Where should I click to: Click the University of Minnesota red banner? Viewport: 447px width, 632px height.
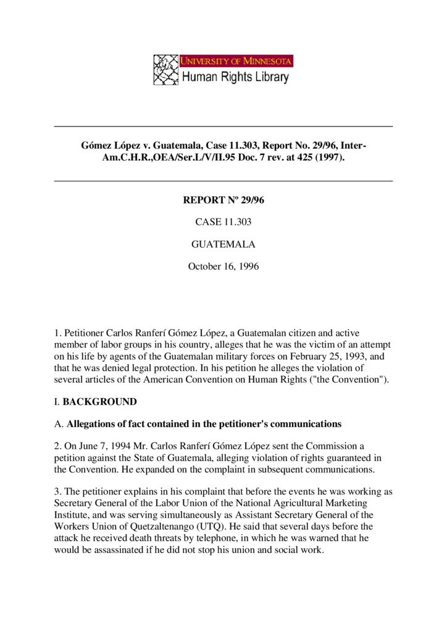tap(236, 61)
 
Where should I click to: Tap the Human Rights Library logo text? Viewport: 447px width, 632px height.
tap(235, 77)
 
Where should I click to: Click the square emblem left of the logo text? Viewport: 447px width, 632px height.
tap(165, 70)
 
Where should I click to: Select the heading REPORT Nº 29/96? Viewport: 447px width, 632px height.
tap(223, 200)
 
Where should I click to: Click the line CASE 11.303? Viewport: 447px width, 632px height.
tap(223, 222)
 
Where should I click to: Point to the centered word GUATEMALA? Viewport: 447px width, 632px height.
tap(223, 244)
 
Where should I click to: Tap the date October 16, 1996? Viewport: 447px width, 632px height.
tap(223, 267)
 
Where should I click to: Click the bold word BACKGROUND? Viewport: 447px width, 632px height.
tap(100, 402)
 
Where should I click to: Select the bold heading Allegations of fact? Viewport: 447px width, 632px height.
tap(204, 424)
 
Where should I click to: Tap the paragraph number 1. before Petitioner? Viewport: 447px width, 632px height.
tap(58, 333)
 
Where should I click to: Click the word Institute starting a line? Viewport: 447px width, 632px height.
tap(72, 515)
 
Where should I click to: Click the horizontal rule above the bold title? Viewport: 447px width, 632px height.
tap(223, 127)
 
